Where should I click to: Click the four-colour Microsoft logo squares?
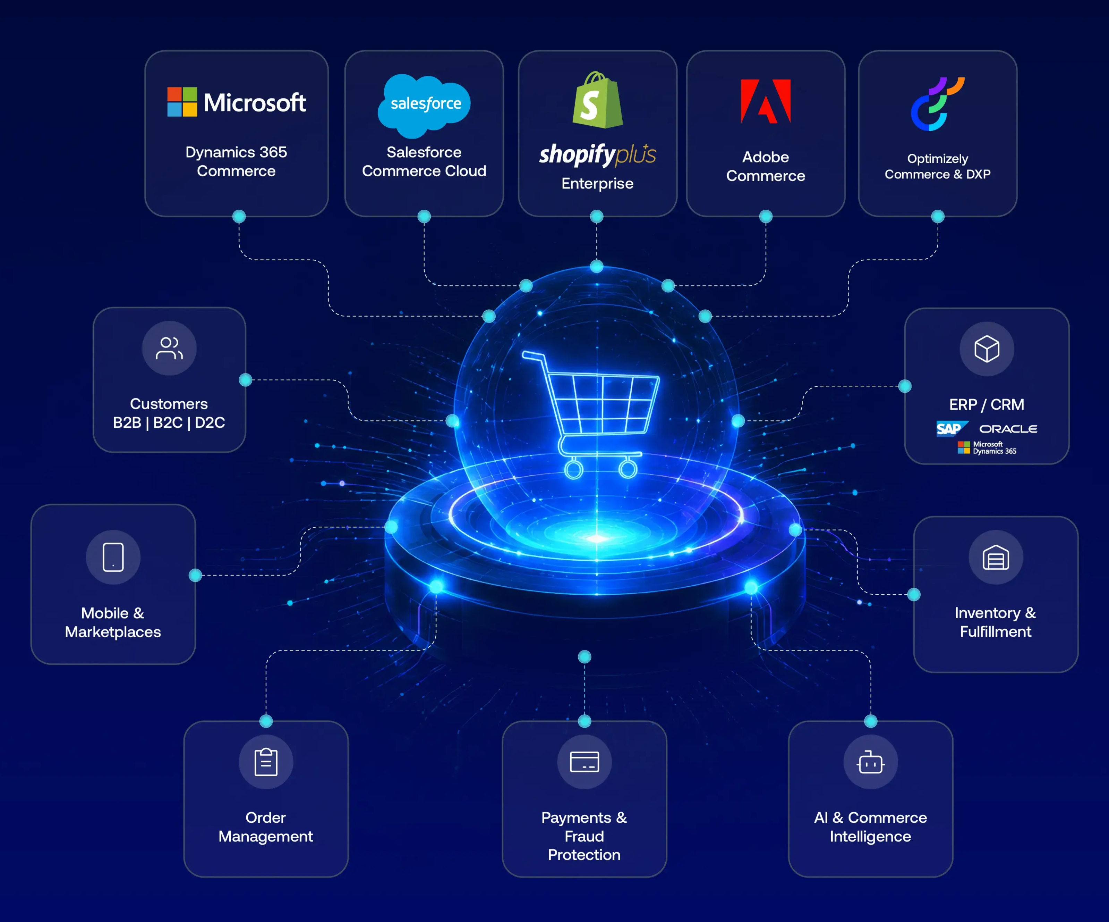click(x=182, y=102)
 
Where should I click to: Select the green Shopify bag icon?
click(x=597, y=100)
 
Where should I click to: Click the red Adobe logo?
click(x=766, y=101)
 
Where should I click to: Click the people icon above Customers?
click(x=169, y=348)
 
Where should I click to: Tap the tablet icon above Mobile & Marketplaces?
click(x=113, y=557)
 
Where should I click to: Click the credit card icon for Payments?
click(x=584, y=761)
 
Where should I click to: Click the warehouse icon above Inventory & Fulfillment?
click(x=996, y=558)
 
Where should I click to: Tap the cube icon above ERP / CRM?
click(x=987, y=349)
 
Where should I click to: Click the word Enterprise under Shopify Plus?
click(x=597, y=183)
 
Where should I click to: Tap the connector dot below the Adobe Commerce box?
click(x=766, y=216)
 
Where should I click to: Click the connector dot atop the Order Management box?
click(x=266, y=721)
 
